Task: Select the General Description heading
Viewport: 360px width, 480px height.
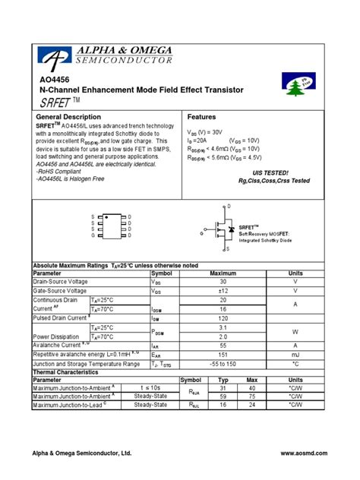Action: point(69,117)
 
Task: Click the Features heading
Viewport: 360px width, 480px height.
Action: point(201,117)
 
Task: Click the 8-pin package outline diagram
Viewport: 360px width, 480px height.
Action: point(112,226)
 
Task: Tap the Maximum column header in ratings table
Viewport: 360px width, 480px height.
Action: point(223,273)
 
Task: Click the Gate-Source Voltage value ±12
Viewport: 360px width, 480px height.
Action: point(223,291)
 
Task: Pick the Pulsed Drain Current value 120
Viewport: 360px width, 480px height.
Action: point(223,318)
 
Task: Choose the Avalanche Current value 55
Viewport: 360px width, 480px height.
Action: point(223,346)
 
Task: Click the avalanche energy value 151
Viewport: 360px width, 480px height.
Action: point(223,355)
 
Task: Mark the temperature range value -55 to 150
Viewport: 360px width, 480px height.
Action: point(223,364)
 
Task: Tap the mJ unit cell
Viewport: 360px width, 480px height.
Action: point(295,355)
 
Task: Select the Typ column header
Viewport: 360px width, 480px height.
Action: point(223,380)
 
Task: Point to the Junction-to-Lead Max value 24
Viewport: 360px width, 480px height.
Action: point(252,406)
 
